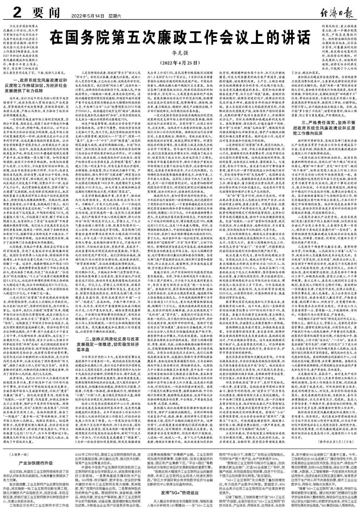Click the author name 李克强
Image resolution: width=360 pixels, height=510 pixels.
180,54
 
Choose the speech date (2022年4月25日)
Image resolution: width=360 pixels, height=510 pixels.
180,62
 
